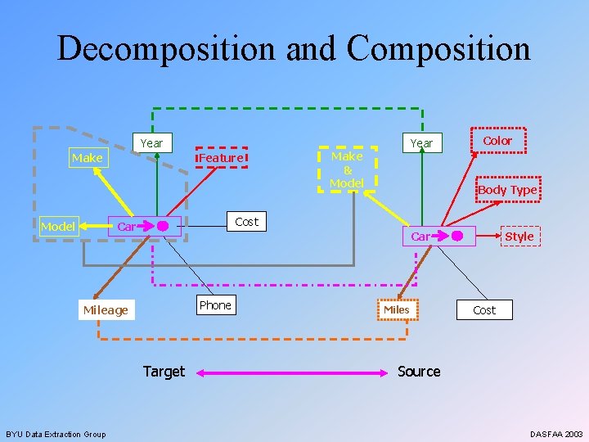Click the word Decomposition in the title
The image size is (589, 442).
tap(167, 49)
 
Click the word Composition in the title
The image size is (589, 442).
tap(438, 49)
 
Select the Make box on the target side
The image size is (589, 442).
tap(87, 157)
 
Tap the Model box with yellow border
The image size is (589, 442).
tap(57, 226)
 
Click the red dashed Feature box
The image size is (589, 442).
tap(221, 157)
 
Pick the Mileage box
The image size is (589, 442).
tap(106, 309)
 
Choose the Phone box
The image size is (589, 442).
tap(215, 305)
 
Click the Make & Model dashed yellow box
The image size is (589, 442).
tap(347, 169)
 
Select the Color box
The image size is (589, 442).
tap(497, 141)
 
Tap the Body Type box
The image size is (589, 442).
tap(507, 190)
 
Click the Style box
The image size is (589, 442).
tap(519, 237)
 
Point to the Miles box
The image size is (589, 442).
tap(397, 309)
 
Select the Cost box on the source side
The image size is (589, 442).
tap(484, 310)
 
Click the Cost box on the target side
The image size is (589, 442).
tap(246, 221)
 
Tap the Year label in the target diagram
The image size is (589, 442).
tap(151, 143)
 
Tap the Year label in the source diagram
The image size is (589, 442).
tap(421, 143)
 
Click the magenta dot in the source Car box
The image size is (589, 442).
tap(457, 237)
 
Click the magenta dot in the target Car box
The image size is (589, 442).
tap(163, 225)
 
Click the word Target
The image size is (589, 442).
tap(164, 372)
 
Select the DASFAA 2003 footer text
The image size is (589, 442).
tap(556, 434)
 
